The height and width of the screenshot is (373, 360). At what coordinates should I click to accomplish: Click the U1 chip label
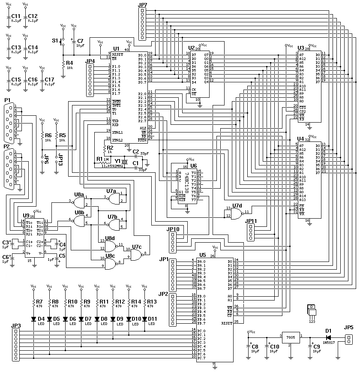pos(116,49)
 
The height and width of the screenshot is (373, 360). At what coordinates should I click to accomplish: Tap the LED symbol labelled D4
pos(34,319)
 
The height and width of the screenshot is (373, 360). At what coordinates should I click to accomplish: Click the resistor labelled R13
pos(145,303)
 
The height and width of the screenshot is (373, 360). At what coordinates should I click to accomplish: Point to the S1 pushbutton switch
pos(63,42)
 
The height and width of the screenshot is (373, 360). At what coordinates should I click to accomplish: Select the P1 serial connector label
pos(7,100)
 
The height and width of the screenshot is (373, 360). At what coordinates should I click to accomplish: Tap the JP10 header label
pos(174,229)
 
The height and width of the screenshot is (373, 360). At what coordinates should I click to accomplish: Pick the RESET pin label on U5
pos(227,322)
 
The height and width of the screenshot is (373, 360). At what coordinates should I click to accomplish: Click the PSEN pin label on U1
pos(143,140)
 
